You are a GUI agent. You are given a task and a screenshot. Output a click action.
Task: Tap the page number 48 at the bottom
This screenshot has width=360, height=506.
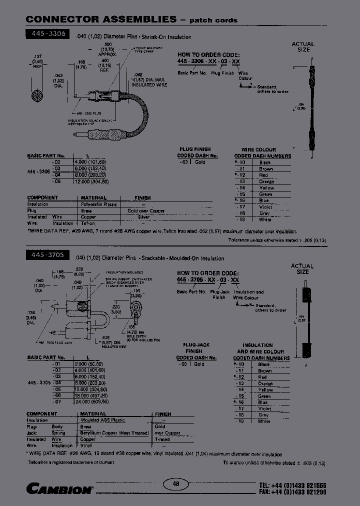click(175, 484)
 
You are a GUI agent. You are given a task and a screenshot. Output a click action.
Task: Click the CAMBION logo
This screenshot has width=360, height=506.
click(59, 488)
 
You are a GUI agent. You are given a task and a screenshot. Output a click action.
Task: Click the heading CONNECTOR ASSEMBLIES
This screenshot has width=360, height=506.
click(101, 19)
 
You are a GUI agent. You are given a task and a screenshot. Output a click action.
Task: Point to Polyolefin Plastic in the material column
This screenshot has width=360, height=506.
click(99, 204)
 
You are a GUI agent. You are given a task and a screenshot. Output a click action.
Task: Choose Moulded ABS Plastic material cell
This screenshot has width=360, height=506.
click(103, 420)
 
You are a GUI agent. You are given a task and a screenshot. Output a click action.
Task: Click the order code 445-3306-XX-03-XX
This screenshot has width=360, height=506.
click(208, 60)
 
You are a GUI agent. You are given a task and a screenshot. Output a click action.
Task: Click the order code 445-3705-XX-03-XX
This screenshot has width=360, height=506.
click(208, 280)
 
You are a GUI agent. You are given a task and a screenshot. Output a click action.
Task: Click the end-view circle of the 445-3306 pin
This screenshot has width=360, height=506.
click(36, 95)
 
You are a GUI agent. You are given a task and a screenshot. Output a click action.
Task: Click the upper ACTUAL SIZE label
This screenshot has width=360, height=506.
click(303, 47)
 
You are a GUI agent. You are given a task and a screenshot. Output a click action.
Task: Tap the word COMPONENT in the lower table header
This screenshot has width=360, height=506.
click(42, 414)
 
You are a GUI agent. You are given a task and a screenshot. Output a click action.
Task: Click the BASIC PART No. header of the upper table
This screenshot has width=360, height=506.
click(46, 156)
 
